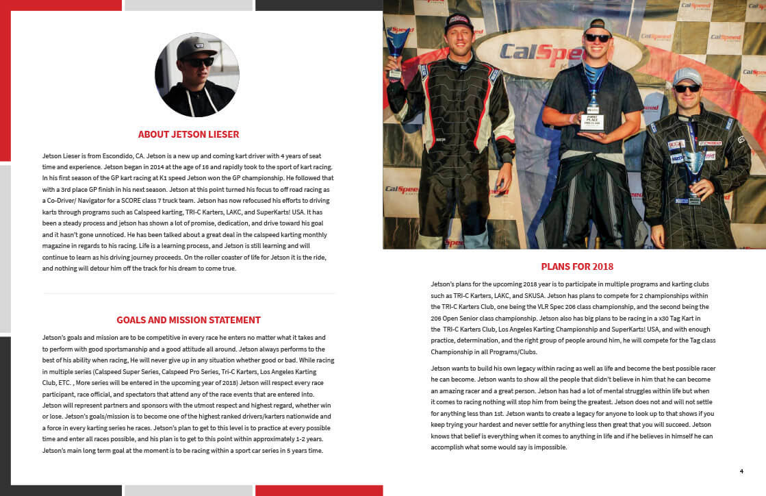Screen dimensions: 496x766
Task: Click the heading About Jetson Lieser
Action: [x=188, y=134]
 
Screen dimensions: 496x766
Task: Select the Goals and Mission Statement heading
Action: [x=188, y=320]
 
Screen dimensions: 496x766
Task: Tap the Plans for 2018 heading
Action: [x=577, y=266]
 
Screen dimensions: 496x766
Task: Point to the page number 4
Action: [x=741, y=471]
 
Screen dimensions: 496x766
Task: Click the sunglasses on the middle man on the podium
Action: [x=598, y=38]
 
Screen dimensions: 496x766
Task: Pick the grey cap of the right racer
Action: [x=687, y=75]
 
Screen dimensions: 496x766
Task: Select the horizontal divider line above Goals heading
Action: [x=188, y=293]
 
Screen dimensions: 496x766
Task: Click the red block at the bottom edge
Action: [x=318, y=490]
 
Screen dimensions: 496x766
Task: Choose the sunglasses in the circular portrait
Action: [x=199, y=62]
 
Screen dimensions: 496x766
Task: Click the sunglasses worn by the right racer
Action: [x=687, y=88]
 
